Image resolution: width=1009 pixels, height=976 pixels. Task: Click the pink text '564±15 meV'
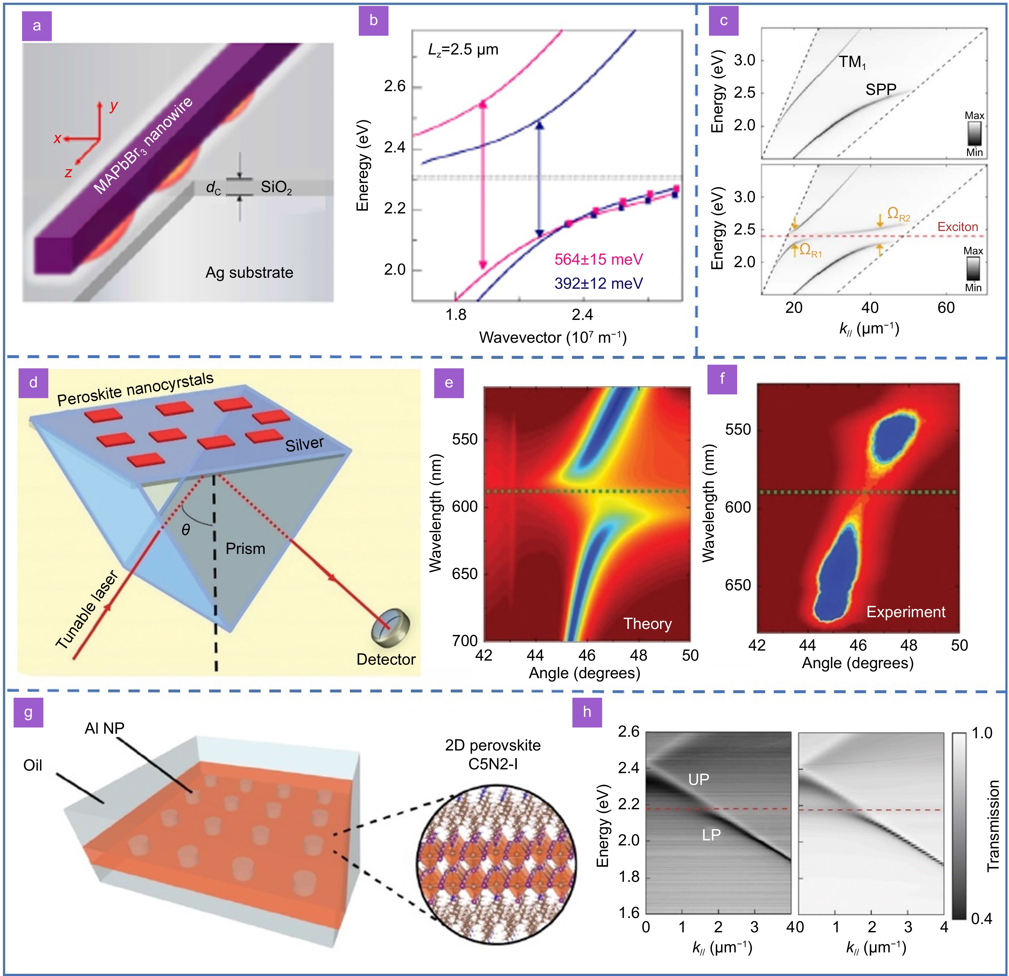tap(598, 259)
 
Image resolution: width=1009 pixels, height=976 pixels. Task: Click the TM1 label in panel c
tap(852, 62)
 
